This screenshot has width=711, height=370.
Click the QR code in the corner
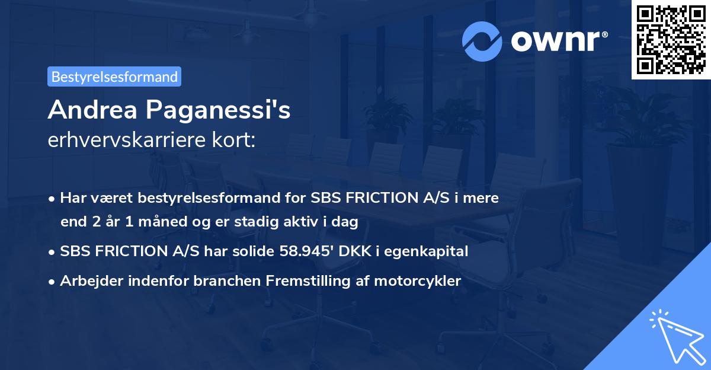coord(671,40)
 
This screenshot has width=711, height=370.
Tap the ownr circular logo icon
coord(482,41)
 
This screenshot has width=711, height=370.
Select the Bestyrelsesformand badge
coord(114,76)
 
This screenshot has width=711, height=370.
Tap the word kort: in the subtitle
coord(236,141)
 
